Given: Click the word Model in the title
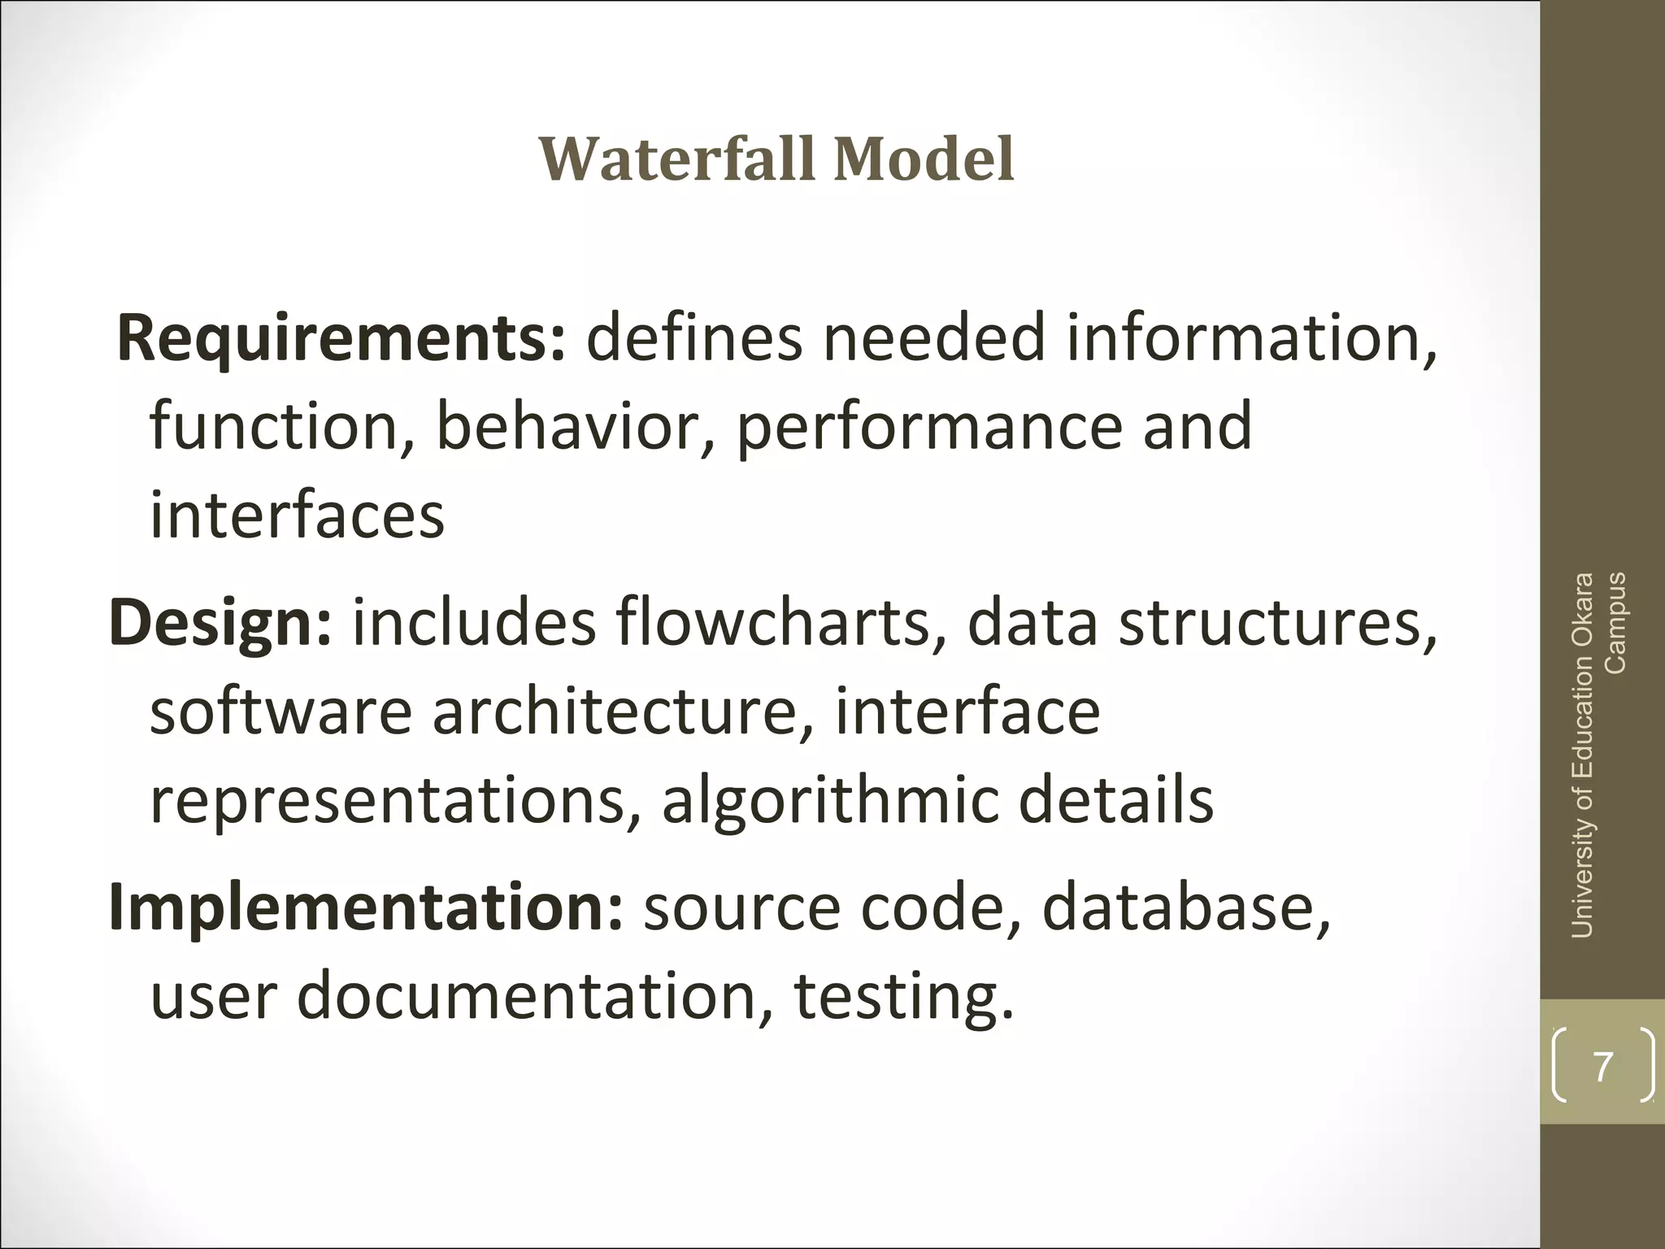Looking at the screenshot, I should pos(924,159).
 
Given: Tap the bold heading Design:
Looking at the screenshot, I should pos(220,623).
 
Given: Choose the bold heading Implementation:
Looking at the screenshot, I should pos(366,907).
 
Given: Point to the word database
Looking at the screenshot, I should pos(1185,907).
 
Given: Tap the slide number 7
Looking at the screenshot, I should pos(1602,1066).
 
